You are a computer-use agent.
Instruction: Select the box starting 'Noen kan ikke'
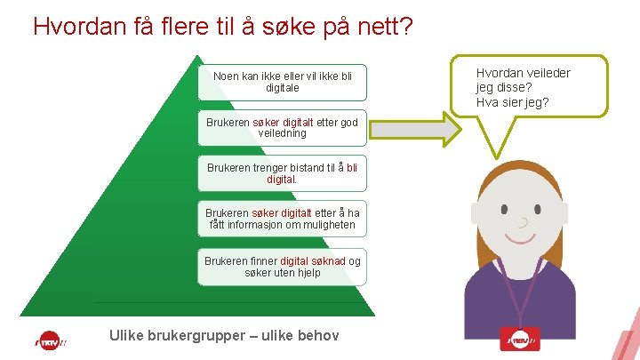(283, 83)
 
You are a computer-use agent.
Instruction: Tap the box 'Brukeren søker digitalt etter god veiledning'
(282, 128)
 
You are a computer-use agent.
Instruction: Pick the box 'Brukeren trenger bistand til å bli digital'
(282, 172)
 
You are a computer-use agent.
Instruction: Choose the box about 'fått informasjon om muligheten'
(282, 219)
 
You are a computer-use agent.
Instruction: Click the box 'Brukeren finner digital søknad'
(282, 266)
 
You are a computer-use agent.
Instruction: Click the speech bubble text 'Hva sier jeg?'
(512, 103)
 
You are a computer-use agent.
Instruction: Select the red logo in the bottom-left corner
(51, 340)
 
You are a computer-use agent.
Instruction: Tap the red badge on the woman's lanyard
(523, 340)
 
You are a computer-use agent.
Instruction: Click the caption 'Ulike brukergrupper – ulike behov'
(223, 335)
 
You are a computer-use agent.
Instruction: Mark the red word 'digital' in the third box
(281, 179)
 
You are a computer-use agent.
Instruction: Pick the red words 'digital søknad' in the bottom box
(312, 260)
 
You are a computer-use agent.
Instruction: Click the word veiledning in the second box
(282, 133)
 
